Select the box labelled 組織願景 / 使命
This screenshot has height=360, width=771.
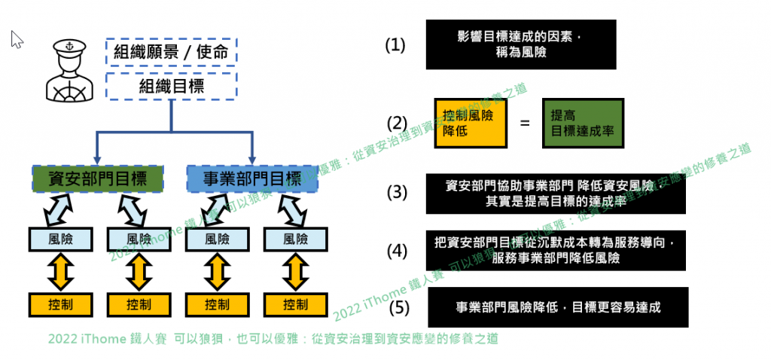coord(172,52)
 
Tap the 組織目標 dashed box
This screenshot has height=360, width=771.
coord(172,86)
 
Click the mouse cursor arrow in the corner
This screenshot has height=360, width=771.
coord(17,39)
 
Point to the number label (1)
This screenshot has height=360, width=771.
coord(395,45)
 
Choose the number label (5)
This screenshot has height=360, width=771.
coord(400,307)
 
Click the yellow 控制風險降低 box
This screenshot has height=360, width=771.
coord(470,123)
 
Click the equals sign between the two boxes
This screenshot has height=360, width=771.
coord(525,123)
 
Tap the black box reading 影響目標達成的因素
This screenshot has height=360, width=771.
coord(520,44)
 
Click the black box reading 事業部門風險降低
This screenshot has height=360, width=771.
coord(556,307)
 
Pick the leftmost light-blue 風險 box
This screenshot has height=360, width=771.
coord(60,239)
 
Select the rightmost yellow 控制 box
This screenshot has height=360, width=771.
coord(295,304)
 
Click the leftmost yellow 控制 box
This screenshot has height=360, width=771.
coord(60,304)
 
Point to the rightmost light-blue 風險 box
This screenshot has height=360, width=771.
coord(295,239)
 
